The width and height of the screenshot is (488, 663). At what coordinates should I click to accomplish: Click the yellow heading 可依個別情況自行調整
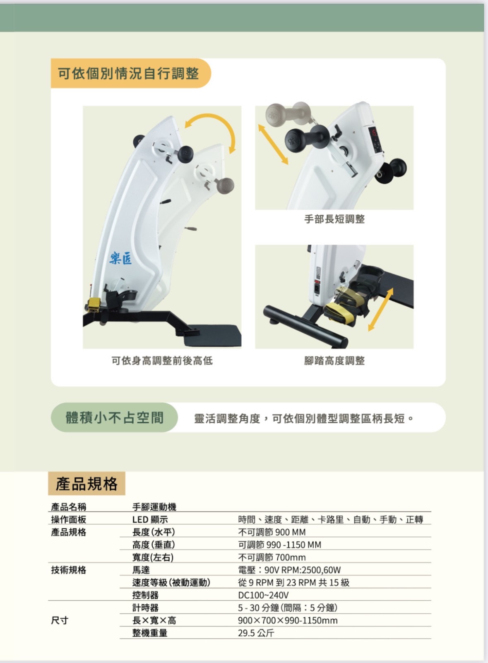point(128,74)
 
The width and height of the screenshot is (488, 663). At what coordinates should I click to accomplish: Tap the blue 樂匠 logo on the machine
point(120,259)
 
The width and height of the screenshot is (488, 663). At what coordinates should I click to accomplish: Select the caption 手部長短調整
point(334,219)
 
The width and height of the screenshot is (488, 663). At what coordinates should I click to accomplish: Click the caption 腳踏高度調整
point(334,360)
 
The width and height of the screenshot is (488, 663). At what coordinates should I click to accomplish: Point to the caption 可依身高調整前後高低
point(162,360)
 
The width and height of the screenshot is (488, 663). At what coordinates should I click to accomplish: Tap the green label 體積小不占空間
point(114,418)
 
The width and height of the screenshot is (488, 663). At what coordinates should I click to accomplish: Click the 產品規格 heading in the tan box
point(87,483)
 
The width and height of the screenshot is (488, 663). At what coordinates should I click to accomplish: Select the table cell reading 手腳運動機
point(154,507)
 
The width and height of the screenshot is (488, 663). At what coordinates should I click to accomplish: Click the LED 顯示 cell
point(150,519)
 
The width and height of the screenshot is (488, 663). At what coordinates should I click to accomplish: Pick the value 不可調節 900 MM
point(272,532)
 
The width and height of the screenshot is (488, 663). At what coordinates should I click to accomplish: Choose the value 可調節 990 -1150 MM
point(279,545)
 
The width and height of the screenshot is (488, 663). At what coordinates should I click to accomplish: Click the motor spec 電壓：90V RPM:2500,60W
point(289,570)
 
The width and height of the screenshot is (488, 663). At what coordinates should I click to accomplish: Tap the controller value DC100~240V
point(263,595)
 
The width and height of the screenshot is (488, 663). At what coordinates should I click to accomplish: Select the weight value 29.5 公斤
point(256,633)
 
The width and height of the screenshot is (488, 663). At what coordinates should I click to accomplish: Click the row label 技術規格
point(69,570)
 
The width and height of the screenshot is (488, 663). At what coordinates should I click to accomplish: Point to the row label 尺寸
point(60,620)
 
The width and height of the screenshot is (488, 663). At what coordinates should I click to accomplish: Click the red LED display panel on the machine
point(374,133)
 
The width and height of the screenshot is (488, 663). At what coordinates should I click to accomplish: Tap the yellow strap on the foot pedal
point(339,311)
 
